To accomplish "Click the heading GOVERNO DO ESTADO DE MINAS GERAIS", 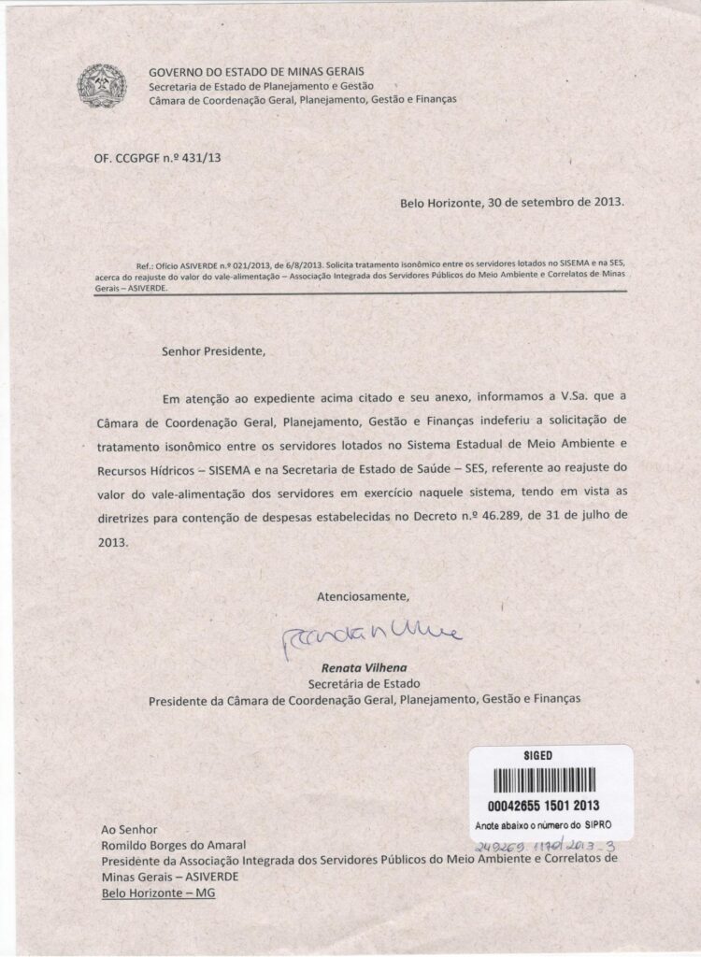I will pos(257,72).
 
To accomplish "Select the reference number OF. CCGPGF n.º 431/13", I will pos(158,158).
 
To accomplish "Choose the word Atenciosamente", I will pos(363,595).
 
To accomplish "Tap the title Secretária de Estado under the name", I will pos(360,683).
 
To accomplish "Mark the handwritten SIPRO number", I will pos(540,844).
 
